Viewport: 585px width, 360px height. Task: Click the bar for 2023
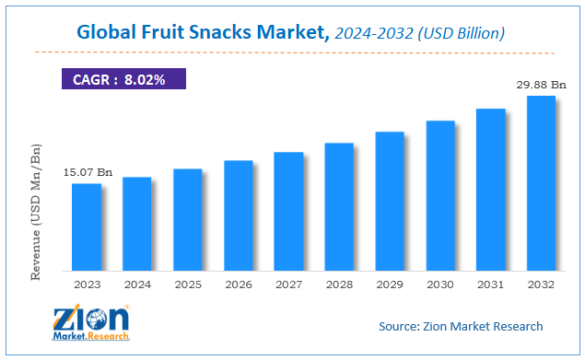click(87, 227)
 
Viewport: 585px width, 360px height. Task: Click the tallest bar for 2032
click(541, 183)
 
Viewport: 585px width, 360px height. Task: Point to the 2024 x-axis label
click(137, 285)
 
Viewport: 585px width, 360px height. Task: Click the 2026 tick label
click(238, 285)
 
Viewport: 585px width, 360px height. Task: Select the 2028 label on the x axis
click(339, 285)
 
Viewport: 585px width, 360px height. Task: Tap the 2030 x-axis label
click(440, 285)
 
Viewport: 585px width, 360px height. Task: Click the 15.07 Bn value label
click(87, 172)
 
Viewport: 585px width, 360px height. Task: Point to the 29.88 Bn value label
click(541, 84)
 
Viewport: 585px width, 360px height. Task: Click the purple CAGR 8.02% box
click(123, 79)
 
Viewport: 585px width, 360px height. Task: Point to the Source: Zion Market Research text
click(461, 326)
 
